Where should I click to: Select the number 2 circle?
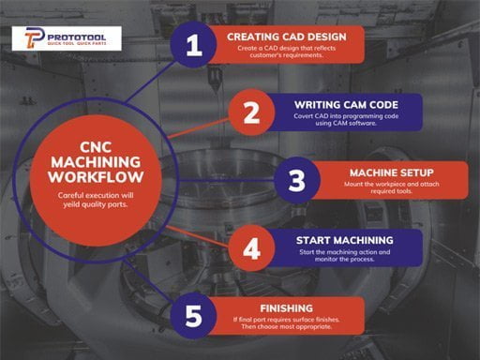[x=250, y=112]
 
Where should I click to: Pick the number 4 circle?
[x=250, y=248]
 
